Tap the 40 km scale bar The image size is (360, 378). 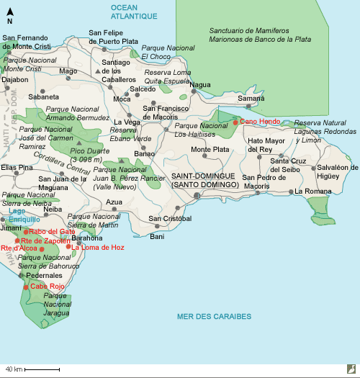[x=33, y=369]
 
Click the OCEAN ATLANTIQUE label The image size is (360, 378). [x=135, y=11]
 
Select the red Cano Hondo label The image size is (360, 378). [x=260, y=122]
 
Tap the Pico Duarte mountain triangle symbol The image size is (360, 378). [x=90, y=143]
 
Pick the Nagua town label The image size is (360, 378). [x=200, y=84]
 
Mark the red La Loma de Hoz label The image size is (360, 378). [x=99, y=247]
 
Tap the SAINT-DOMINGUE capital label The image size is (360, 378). [x=205, y=176]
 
